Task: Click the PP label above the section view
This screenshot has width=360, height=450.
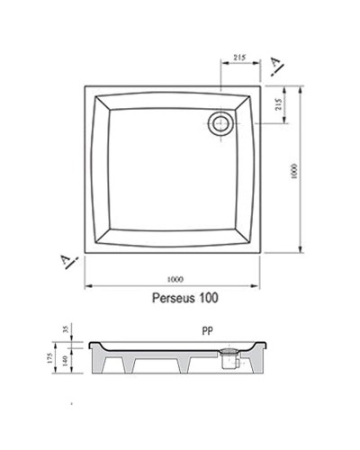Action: click(x=208, y=331)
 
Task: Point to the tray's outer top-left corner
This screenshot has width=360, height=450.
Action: click(x=85, y=86)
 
